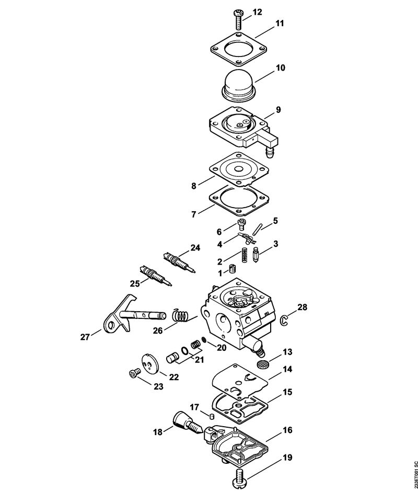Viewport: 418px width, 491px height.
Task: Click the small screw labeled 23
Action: point(134,373)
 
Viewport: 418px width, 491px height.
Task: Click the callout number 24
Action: point(195,248)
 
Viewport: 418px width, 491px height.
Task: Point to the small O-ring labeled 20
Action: point(203,341)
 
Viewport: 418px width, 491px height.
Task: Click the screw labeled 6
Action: point(242,224)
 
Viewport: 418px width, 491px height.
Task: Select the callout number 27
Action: point(85,338)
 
